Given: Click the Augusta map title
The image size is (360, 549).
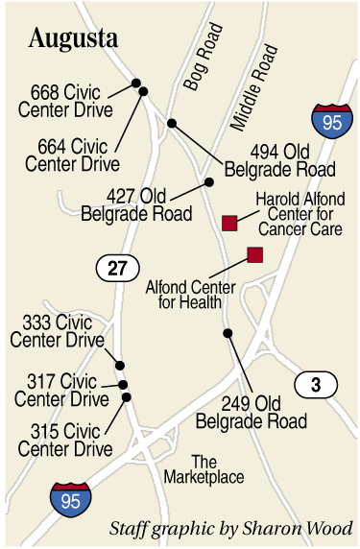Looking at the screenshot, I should tap(74, 39).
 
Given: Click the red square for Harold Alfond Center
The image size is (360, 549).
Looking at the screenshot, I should tap(229, 223).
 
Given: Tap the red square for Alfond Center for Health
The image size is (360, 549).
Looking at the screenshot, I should tap(255, 254).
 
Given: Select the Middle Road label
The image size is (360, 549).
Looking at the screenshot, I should tap(252, 87).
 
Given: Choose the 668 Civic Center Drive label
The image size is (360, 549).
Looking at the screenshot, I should tap(72, 101).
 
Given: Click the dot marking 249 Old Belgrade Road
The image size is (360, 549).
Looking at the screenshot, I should tap(228, 333).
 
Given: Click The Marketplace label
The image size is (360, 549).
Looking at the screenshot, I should tap(204, 469).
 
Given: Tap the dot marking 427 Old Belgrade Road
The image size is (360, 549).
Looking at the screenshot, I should tap(208, 181).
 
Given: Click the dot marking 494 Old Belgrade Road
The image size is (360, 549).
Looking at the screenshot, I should tap(172, 123).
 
